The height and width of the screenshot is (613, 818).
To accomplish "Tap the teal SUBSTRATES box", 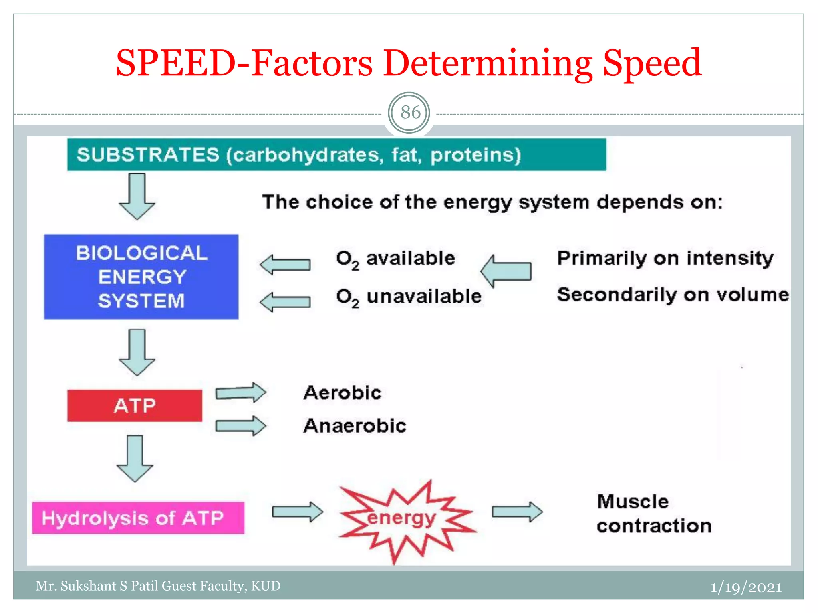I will point(336,155).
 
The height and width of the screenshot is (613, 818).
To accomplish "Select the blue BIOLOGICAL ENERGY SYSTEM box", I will point(141,277).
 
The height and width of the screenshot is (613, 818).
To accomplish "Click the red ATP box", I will point(135,405).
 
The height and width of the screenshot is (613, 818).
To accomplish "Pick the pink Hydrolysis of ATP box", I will point(138,518).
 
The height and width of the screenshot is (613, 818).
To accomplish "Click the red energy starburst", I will point(403,519).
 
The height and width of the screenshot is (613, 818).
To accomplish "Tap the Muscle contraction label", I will point(653,514).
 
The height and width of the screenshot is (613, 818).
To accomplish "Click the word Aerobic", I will point(342,393).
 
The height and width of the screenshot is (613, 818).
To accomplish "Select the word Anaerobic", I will point(355,426).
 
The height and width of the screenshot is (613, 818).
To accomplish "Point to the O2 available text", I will point(395,259).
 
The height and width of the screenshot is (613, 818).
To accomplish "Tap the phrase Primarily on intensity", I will point(665,259).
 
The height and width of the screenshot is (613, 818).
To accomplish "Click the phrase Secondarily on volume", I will point(673,295).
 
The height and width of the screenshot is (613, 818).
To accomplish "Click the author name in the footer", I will point(158,586).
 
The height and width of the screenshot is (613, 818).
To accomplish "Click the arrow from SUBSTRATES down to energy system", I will point(137,196).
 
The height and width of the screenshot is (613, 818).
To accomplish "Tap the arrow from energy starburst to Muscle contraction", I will point(517,512).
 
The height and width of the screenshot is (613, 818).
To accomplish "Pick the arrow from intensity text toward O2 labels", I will point(506,271).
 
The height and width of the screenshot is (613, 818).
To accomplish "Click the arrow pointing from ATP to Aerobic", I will point(240,393).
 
